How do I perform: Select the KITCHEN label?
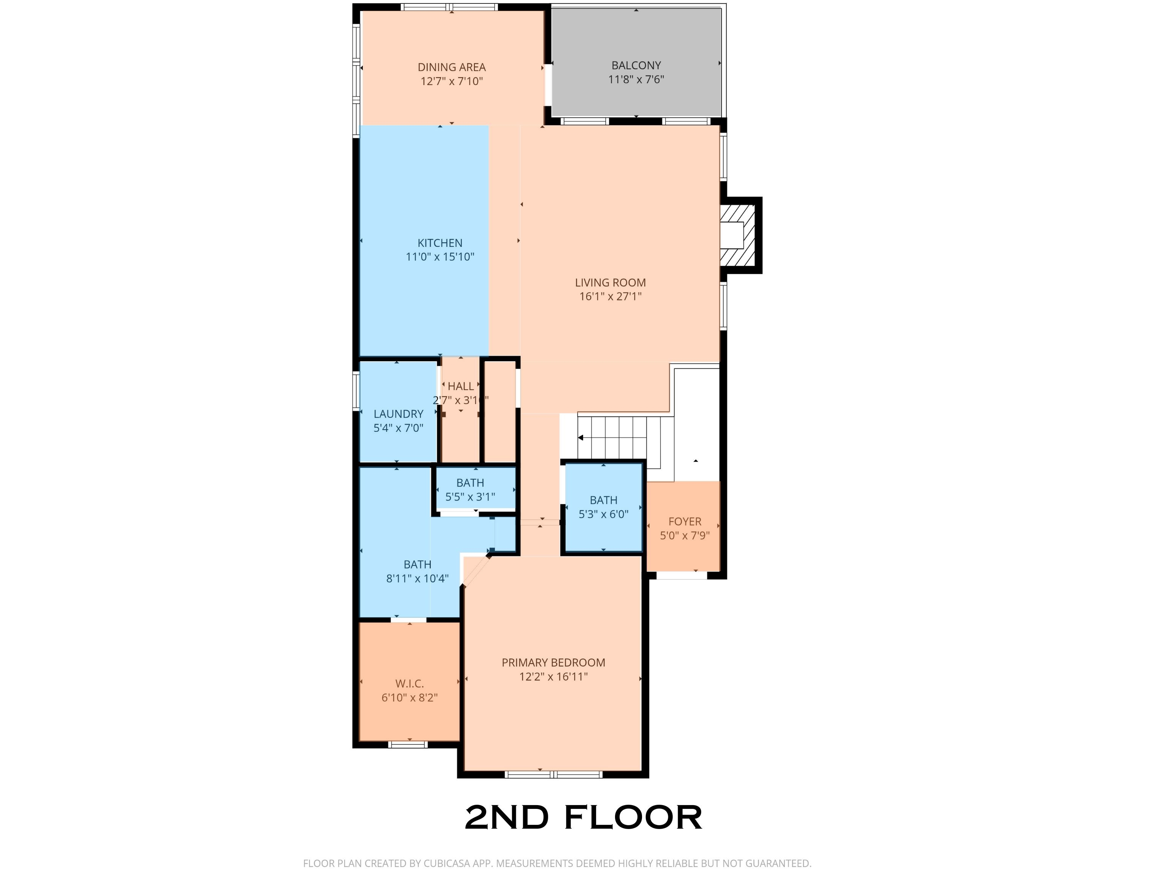[440, 243]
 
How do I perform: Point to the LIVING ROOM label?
[610, 283]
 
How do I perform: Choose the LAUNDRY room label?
[398, 414]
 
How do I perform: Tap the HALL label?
[460, 386]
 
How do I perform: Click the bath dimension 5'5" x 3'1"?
[470, 497]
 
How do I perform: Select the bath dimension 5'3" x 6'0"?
[604, 514]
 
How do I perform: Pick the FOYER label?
[685, 522]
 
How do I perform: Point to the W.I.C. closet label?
[410, 684]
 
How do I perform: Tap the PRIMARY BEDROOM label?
[553, 662]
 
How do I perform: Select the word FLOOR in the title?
[633, 818]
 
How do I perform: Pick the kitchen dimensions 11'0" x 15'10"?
[440, 257]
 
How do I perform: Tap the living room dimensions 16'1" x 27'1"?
[610, 296]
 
